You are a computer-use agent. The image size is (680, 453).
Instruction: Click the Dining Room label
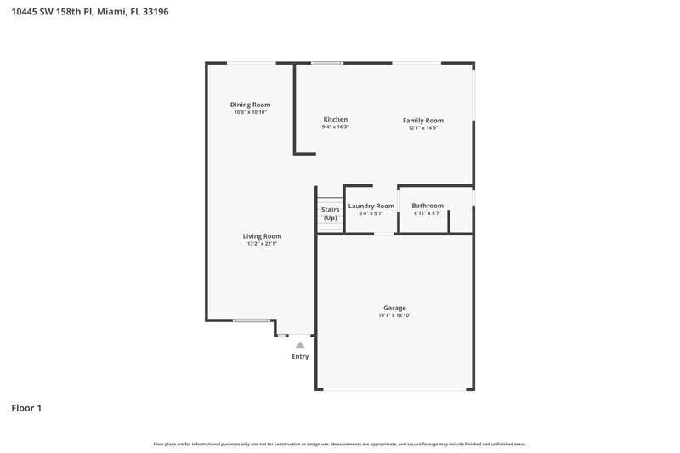click(250, 105)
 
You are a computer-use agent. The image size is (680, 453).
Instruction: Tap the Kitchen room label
click(335, 120)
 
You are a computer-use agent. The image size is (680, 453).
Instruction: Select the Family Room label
click(422, 121)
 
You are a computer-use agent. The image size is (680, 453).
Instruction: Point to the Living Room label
click(262, 236)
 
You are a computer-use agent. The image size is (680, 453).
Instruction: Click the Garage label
click(394, 308)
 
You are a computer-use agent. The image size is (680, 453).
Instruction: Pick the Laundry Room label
click(371, 206)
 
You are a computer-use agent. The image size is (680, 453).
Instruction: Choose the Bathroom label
click(428, 206)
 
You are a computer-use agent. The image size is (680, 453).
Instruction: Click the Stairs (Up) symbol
click(330, 213)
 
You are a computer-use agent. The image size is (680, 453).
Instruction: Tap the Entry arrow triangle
click(300, 345)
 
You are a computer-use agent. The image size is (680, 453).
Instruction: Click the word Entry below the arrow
click(300, 356)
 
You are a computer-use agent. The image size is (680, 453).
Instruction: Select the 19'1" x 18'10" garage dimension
click(394, 315)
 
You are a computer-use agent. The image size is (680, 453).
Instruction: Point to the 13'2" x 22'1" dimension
click(262, 244)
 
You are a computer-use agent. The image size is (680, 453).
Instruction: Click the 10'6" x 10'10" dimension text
click(250, 112)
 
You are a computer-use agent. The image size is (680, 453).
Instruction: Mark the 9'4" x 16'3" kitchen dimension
click(335, 127)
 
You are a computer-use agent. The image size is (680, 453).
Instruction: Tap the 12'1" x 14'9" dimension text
click(422, 128)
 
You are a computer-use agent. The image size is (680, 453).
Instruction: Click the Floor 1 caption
click(26, 408)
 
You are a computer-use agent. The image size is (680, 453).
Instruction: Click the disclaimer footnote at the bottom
click(340, 444)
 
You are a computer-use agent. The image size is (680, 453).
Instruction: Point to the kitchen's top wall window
click(327, 63)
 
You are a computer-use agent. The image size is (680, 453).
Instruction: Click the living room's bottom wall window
click(251, 320)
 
